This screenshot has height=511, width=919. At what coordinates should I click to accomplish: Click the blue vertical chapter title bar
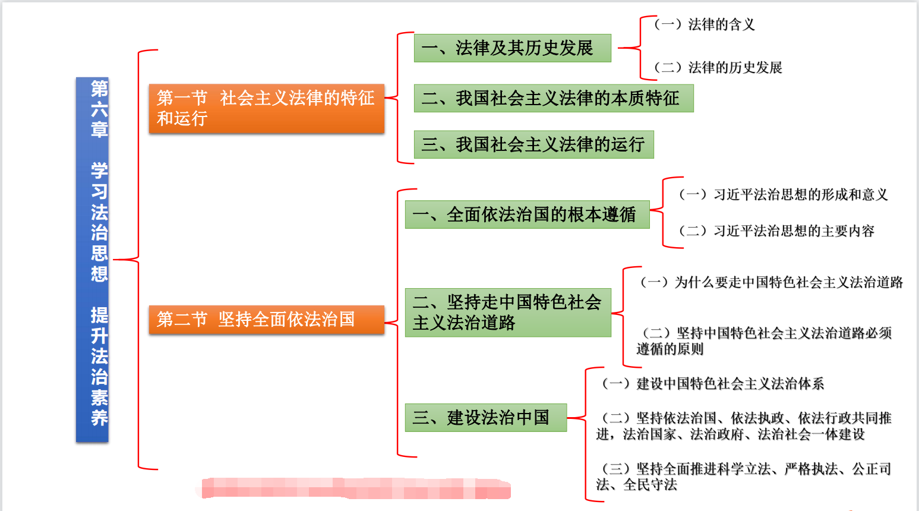click(92, 260)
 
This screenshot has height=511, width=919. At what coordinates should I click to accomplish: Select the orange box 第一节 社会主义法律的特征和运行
click(266, 108)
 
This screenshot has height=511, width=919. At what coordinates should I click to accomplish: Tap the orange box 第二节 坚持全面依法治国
click(266, 320)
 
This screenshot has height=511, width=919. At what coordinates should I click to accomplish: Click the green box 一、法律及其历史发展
click(512, 48)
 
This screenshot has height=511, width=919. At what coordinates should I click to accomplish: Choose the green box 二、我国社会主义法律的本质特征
click(553, 98)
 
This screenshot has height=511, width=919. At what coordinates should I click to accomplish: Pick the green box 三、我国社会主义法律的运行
click(533, 144)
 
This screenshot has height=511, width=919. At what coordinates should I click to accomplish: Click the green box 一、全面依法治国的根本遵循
click(527, 215)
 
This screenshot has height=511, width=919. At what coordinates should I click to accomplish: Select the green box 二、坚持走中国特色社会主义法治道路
click(508, 313)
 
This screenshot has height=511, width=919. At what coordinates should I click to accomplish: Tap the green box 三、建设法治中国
click(485, 418)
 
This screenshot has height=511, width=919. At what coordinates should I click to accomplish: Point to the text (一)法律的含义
click(704, 24)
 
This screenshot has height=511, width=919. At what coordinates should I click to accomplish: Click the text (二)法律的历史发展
click(718, 68)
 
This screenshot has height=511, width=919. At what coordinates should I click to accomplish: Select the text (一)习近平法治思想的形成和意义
click(783, 194)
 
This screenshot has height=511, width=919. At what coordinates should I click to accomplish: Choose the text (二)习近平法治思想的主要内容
click(776, 231)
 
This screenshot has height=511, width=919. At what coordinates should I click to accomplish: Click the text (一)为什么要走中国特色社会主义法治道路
click(771, 282)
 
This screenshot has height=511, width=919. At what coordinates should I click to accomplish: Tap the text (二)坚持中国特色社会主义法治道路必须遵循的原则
click(764, 341)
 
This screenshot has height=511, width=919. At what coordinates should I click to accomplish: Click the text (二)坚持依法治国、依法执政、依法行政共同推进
click(744, 426)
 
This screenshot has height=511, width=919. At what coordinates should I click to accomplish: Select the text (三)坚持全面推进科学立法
click(744, 477)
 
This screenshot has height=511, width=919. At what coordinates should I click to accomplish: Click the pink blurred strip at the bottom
click(355, 488)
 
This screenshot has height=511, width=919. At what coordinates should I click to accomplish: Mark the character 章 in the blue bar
click(99, 129)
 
